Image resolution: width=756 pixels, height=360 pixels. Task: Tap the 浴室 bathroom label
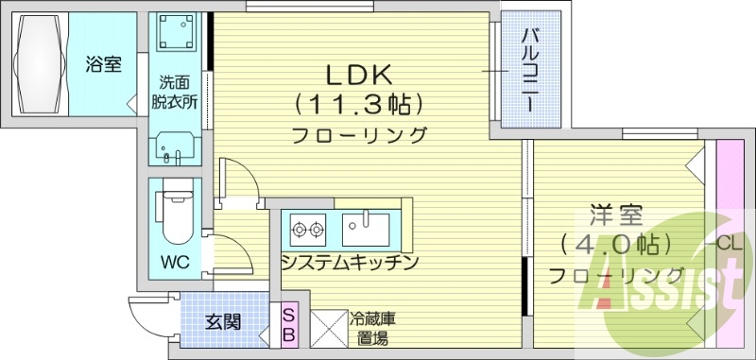click(x=103, y=65)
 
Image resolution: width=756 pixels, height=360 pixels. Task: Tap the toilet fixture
click(x=174, y=217)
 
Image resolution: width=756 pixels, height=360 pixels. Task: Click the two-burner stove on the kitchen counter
click(x=308, y=228)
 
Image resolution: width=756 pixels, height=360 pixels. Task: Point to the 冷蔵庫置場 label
click(x=371, y=329)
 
